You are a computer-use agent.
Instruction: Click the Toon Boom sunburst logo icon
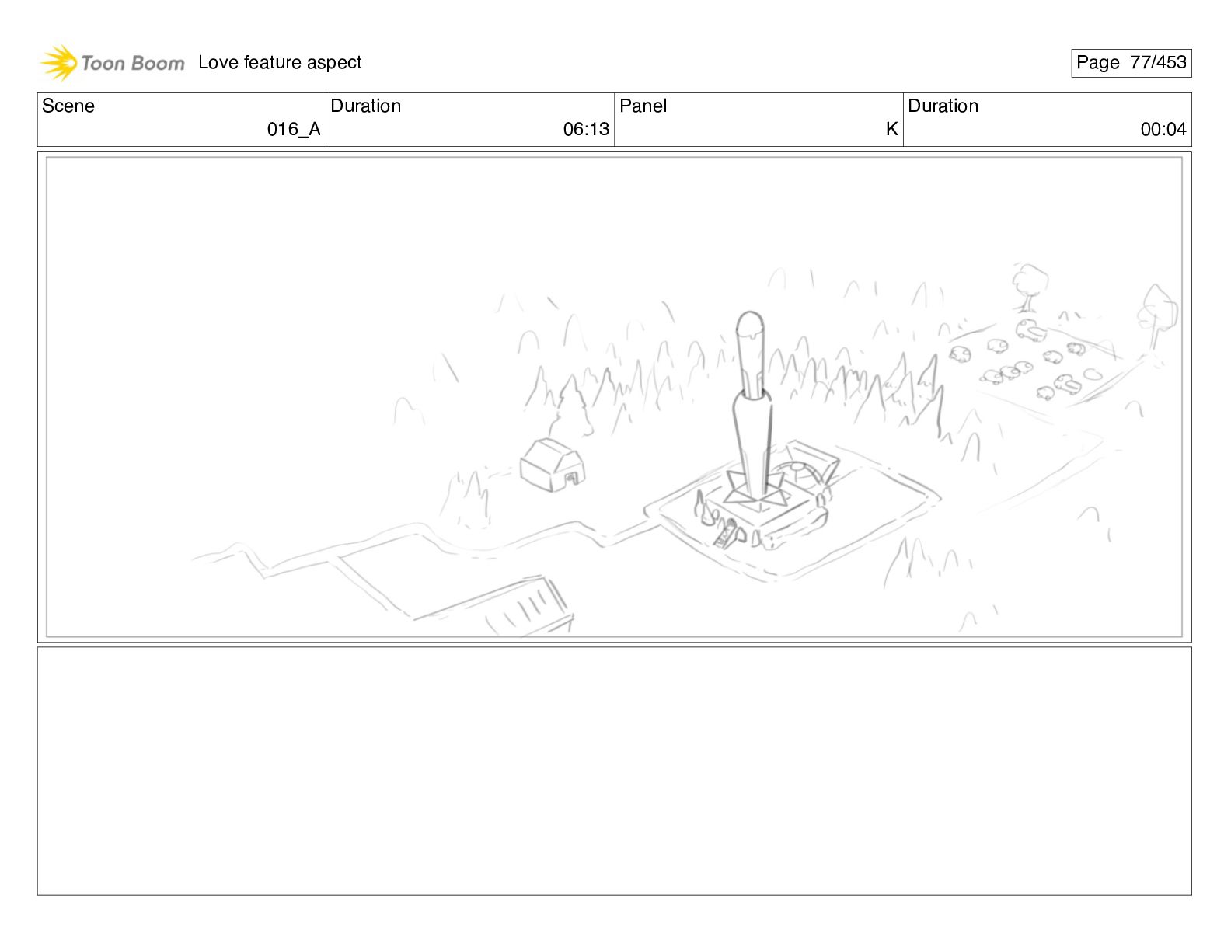[58, 62]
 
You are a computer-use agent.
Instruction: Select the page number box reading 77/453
[1131, 63]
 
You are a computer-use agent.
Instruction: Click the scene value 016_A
[294, 129]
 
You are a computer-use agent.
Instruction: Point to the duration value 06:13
[586, 129]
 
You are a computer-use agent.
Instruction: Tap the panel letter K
[891, 129]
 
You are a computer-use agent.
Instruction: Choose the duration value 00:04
[1163, 129]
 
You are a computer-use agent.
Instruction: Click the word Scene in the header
[68, 106]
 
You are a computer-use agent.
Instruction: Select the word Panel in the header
[643, 106]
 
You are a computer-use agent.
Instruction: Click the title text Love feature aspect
[280, 62]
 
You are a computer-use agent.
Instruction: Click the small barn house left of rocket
[552, 465]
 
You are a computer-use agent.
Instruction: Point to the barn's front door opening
[571, 479]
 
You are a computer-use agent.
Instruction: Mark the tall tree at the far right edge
[1157, 317]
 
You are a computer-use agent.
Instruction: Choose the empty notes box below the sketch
[615, 771]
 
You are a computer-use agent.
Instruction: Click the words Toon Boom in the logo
[133, 63]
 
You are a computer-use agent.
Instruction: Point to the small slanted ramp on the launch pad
[724, 535]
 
